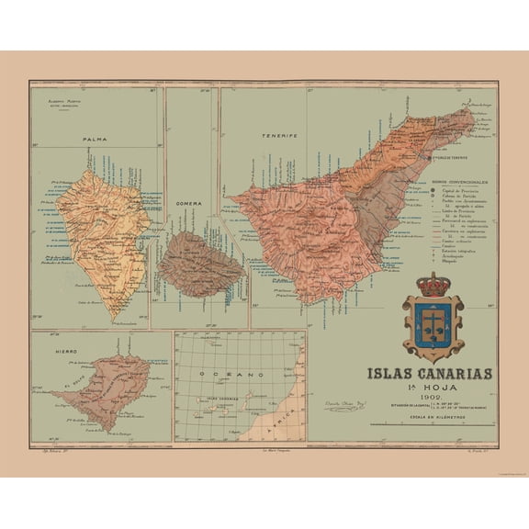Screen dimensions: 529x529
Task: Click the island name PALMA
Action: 94,140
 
